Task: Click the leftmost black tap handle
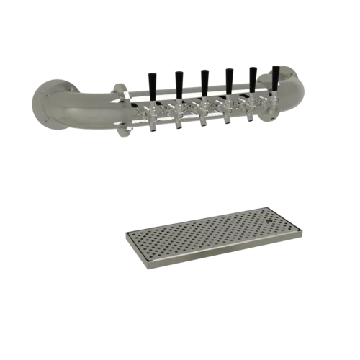(x=153, y=82)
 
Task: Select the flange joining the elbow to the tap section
(x=122, y=108)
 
